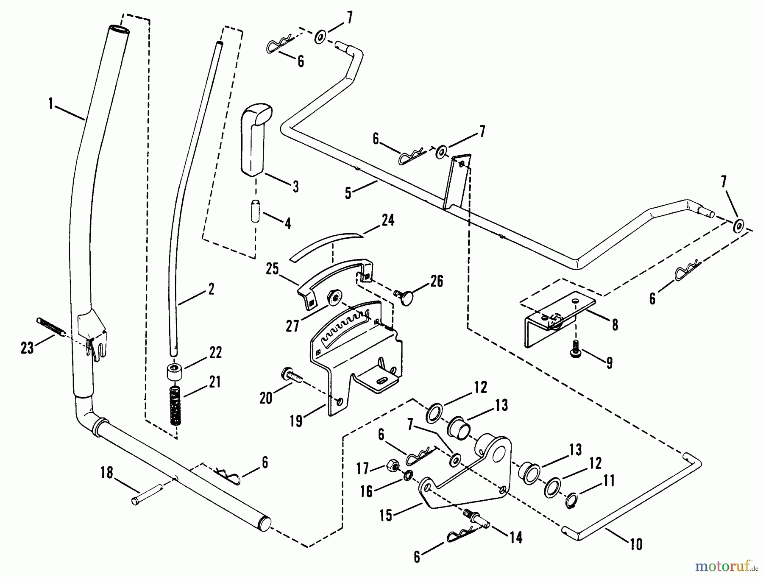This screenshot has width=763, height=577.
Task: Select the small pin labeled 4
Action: coord(255,211)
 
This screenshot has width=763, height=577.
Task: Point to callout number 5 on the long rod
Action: coord(348,194)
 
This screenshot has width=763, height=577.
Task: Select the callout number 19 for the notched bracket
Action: coord(296,421)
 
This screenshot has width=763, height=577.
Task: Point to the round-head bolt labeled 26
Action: coord(403,295)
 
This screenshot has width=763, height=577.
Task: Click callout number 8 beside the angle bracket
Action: coord(615,325)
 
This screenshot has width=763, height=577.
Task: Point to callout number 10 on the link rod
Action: coord(636,544)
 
